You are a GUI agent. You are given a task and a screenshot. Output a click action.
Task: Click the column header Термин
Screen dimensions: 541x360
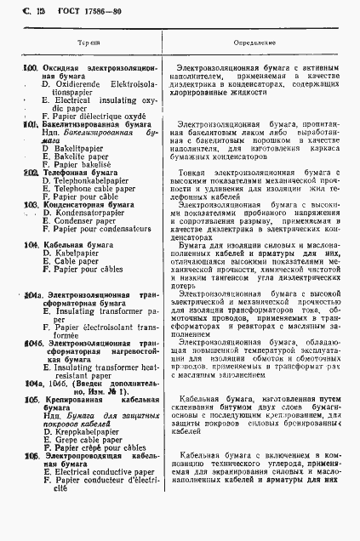tap(89, 41)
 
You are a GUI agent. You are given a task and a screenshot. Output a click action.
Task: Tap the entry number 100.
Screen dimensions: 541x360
tap(30, 67)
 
